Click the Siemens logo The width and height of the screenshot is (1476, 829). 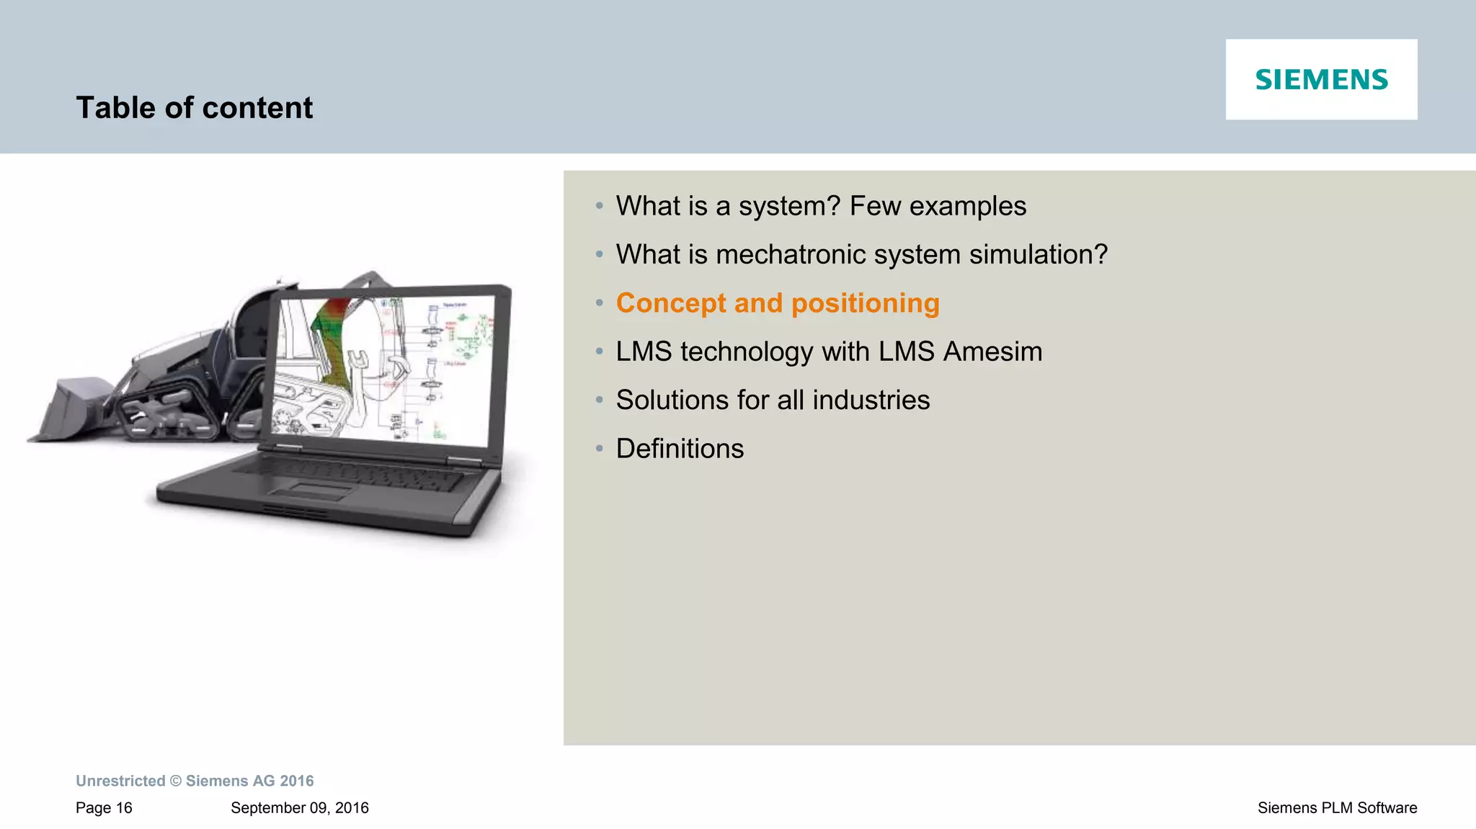click(x=1321, y=79)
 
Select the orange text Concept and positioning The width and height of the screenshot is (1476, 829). click(x=777, y=303)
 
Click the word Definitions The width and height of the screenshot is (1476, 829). click(x=679, y=449)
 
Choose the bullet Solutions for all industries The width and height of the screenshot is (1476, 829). click(x=772, y=400)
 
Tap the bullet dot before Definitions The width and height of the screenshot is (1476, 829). click(x=599, y=449)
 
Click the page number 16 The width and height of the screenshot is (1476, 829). click(x=124, y=808)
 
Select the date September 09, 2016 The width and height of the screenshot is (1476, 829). click(x=299, y=808)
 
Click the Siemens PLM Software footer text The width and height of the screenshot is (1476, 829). click(x=1337, y=808)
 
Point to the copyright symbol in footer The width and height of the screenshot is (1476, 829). click(x=175, y=781)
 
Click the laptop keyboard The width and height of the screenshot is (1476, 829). click(x=346, y=472)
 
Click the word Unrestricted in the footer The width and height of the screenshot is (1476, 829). click(x=120, y=781)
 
